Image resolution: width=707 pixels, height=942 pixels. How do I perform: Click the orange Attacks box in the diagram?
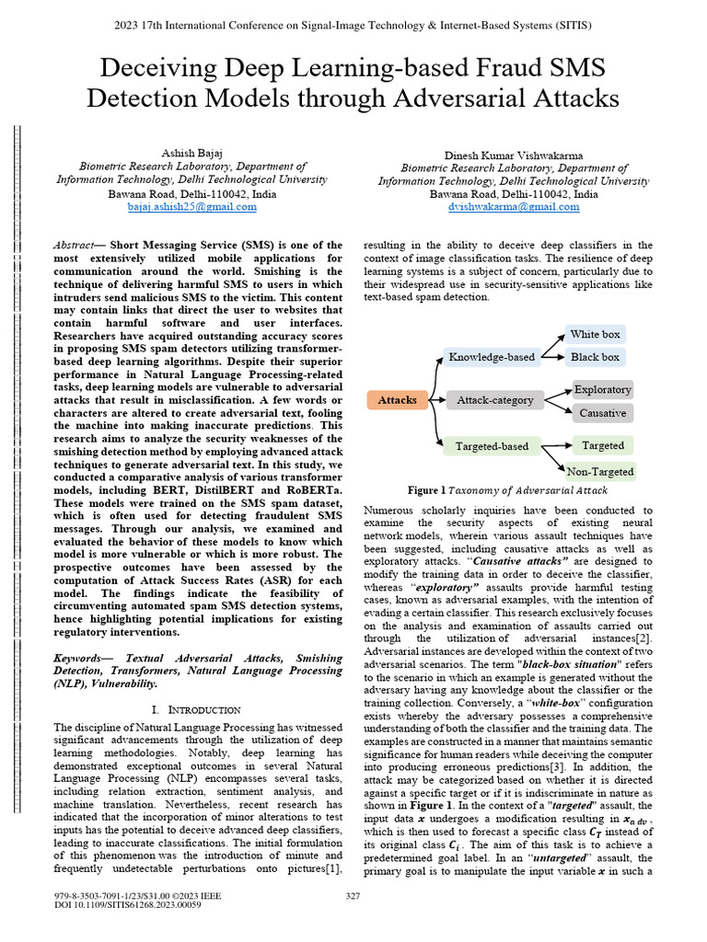point(398,400)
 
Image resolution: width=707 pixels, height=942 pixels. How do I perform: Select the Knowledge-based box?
point(491,357)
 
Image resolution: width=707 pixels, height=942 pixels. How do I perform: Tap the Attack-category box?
point(495,400)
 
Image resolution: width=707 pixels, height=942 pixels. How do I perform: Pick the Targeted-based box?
point(492,446)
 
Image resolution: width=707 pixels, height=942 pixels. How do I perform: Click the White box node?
point(595,334)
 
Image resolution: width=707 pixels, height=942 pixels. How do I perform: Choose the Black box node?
point(595,357)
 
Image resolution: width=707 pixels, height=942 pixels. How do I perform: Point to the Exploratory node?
point(603,389)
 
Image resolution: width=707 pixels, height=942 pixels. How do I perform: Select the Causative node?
point(603,413)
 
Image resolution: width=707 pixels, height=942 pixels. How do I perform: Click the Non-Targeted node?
point(600,471)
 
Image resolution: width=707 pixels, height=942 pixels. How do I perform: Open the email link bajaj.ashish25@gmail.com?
point(192,208)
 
